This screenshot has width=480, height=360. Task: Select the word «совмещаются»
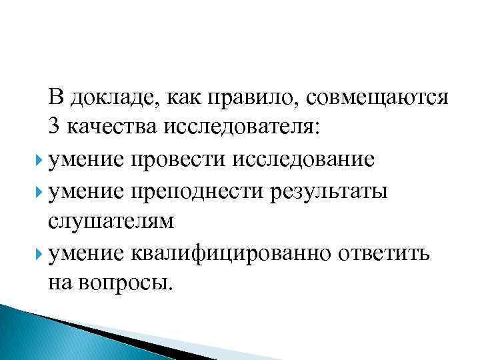pos(377,99)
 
